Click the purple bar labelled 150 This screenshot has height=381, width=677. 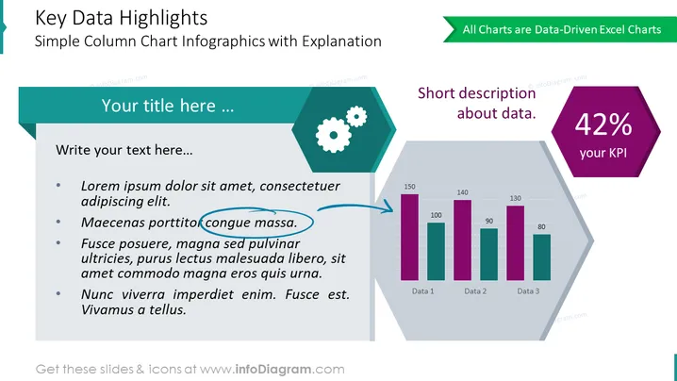tap(409, 237)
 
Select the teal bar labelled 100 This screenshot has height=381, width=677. tap(436, 252)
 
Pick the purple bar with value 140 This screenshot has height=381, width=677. tap(462, 240)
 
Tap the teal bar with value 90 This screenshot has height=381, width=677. tap(488, 255)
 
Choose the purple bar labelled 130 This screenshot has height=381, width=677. tap(515, 242)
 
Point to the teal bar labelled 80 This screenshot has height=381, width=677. tap(541, 257)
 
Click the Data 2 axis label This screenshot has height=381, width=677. tap(475, 291)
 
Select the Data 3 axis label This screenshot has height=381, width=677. tap(528, 291)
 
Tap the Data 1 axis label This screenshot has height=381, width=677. tap(422, 291)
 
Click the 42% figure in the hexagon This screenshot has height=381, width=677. tap(603, 124)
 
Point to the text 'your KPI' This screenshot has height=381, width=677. tap(603, 153)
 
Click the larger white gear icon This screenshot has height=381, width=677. tap(334, 135)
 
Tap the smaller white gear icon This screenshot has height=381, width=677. tap(356, 116)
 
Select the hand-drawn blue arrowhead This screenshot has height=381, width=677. tap(388, 207)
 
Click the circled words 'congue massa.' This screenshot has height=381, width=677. tap(251, 223)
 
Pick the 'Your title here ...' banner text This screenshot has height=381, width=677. tap(168, 106)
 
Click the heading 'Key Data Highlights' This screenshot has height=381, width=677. tap(121, 18)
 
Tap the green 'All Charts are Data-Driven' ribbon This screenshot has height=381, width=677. tap(560, 29)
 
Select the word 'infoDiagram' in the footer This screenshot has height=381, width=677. tap(273, 370)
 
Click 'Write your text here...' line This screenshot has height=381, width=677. tap(124, 150)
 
